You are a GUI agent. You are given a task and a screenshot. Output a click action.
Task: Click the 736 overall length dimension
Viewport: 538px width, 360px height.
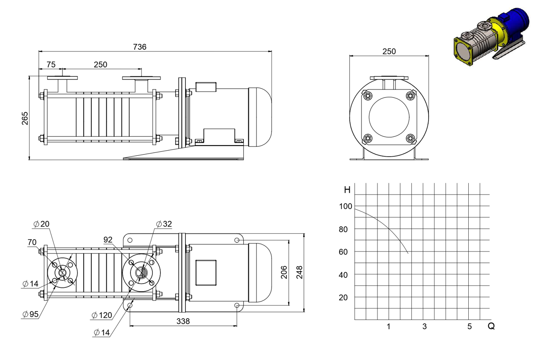pyautogui.click(x=139, y=47)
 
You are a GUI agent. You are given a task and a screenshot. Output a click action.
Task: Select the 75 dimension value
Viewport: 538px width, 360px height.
pyautogui.click(x=51, y=65)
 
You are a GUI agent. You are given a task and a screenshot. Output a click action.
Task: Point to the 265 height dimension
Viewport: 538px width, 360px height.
pyautogui.click(x=25, y=118)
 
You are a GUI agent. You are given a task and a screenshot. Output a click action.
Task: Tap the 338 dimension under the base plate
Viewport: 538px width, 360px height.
pyautogui.click(x=183, y=321)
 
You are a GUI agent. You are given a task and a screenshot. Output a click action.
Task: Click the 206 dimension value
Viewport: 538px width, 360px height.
pyautogui.click(x=284, y=272)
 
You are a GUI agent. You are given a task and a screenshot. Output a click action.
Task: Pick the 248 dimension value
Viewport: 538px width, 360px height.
pyautogui.click(x=299, y=272)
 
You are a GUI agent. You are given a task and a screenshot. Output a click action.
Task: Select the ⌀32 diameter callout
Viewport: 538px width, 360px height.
pyautogui.click(x=164, y=224)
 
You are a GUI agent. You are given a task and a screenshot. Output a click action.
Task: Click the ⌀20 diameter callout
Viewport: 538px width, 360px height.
pyautogui.click(x=41, y=224)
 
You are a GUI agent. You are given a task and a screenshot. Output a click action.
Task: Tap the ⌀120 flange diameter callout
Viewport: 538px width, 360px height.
pyautogui.click(x=102, y=315)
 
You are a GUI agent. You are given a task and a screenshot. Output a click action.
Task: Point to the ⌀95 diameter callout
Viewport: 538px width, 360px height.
pyautogui.click(x=30, y=314)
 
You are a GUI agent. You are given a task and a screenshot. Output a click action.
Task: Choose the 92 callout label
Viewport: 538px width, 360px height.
pyautogui.click(x=108, y=240)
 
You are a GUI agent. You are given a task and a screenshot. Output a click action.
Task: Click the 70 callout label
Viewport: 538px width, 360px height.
pyautogui.click(x=32, y=242)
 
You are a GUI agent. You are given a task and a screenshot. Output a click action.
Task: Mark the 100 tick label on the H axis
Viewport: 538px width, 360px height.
pyautogui.click(x=345, y=206)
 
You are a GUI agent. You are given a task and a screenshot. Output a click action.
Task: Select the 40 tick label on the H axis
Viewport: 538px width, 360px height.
pyautogui.click(x=343, y=275)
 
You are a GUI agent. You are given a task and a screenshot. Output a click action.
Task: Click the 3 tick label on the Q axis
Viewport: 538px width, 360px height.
pyautogui.click(x=424, y=326)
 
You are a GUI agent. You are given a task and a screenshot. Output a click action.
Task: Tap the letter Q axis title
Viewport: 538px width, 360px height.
pyautogui.click(x=491, y=326)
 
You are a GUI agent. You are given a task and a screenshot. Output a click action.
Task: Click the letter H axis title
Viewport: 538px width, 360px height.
pyautogui.click(x=347, y=190)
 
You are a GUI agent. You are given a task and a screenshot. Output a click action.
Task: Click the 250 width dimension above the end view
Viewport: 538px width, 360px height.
pyautogui.click(x=389, y=51)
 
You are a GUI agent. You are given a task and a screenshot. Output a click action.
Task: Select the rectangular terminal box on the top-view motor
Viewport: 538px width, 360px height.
pyautogui.click(x=206, y=273)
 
